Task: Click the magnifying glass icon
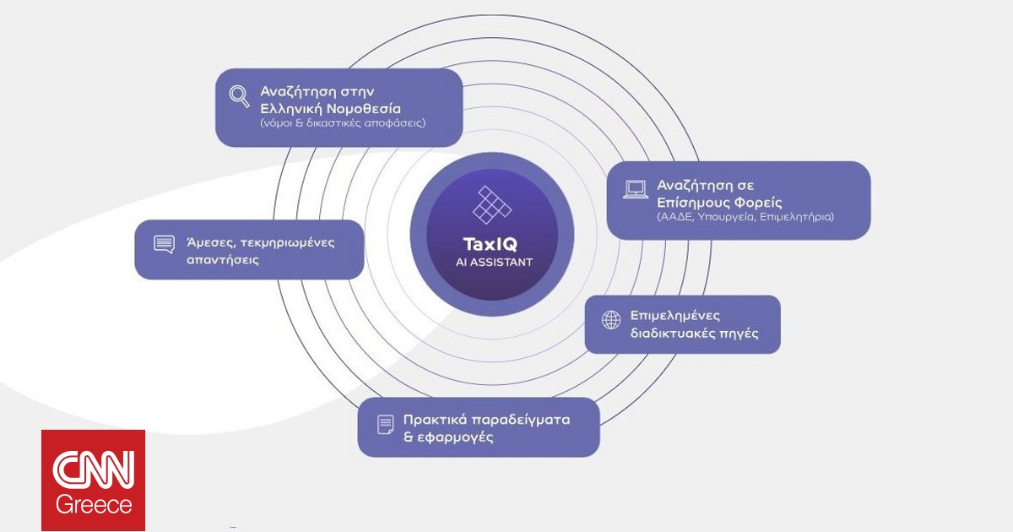239,96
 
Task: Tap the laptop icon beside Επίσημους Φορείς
635,189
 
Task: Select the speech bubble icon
164,244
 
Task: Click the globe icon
610,319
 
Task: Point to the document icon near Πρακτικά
385,423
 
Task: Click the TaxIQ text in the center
484,243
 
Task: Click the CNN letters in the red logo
93,470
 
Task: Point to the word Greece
94,505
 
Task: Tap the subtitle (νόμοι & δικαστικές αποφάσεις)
343,123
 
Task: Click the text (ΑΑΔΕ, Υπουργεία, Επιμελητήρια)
745,217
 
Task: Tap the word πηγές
739,334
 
